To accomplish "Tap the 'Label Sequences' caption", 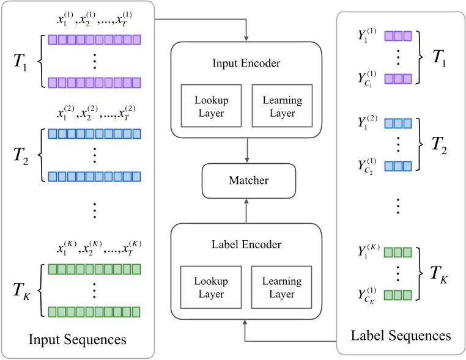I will pos(401,336).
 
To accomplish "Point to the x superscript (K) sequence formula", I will pos(94,250).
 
